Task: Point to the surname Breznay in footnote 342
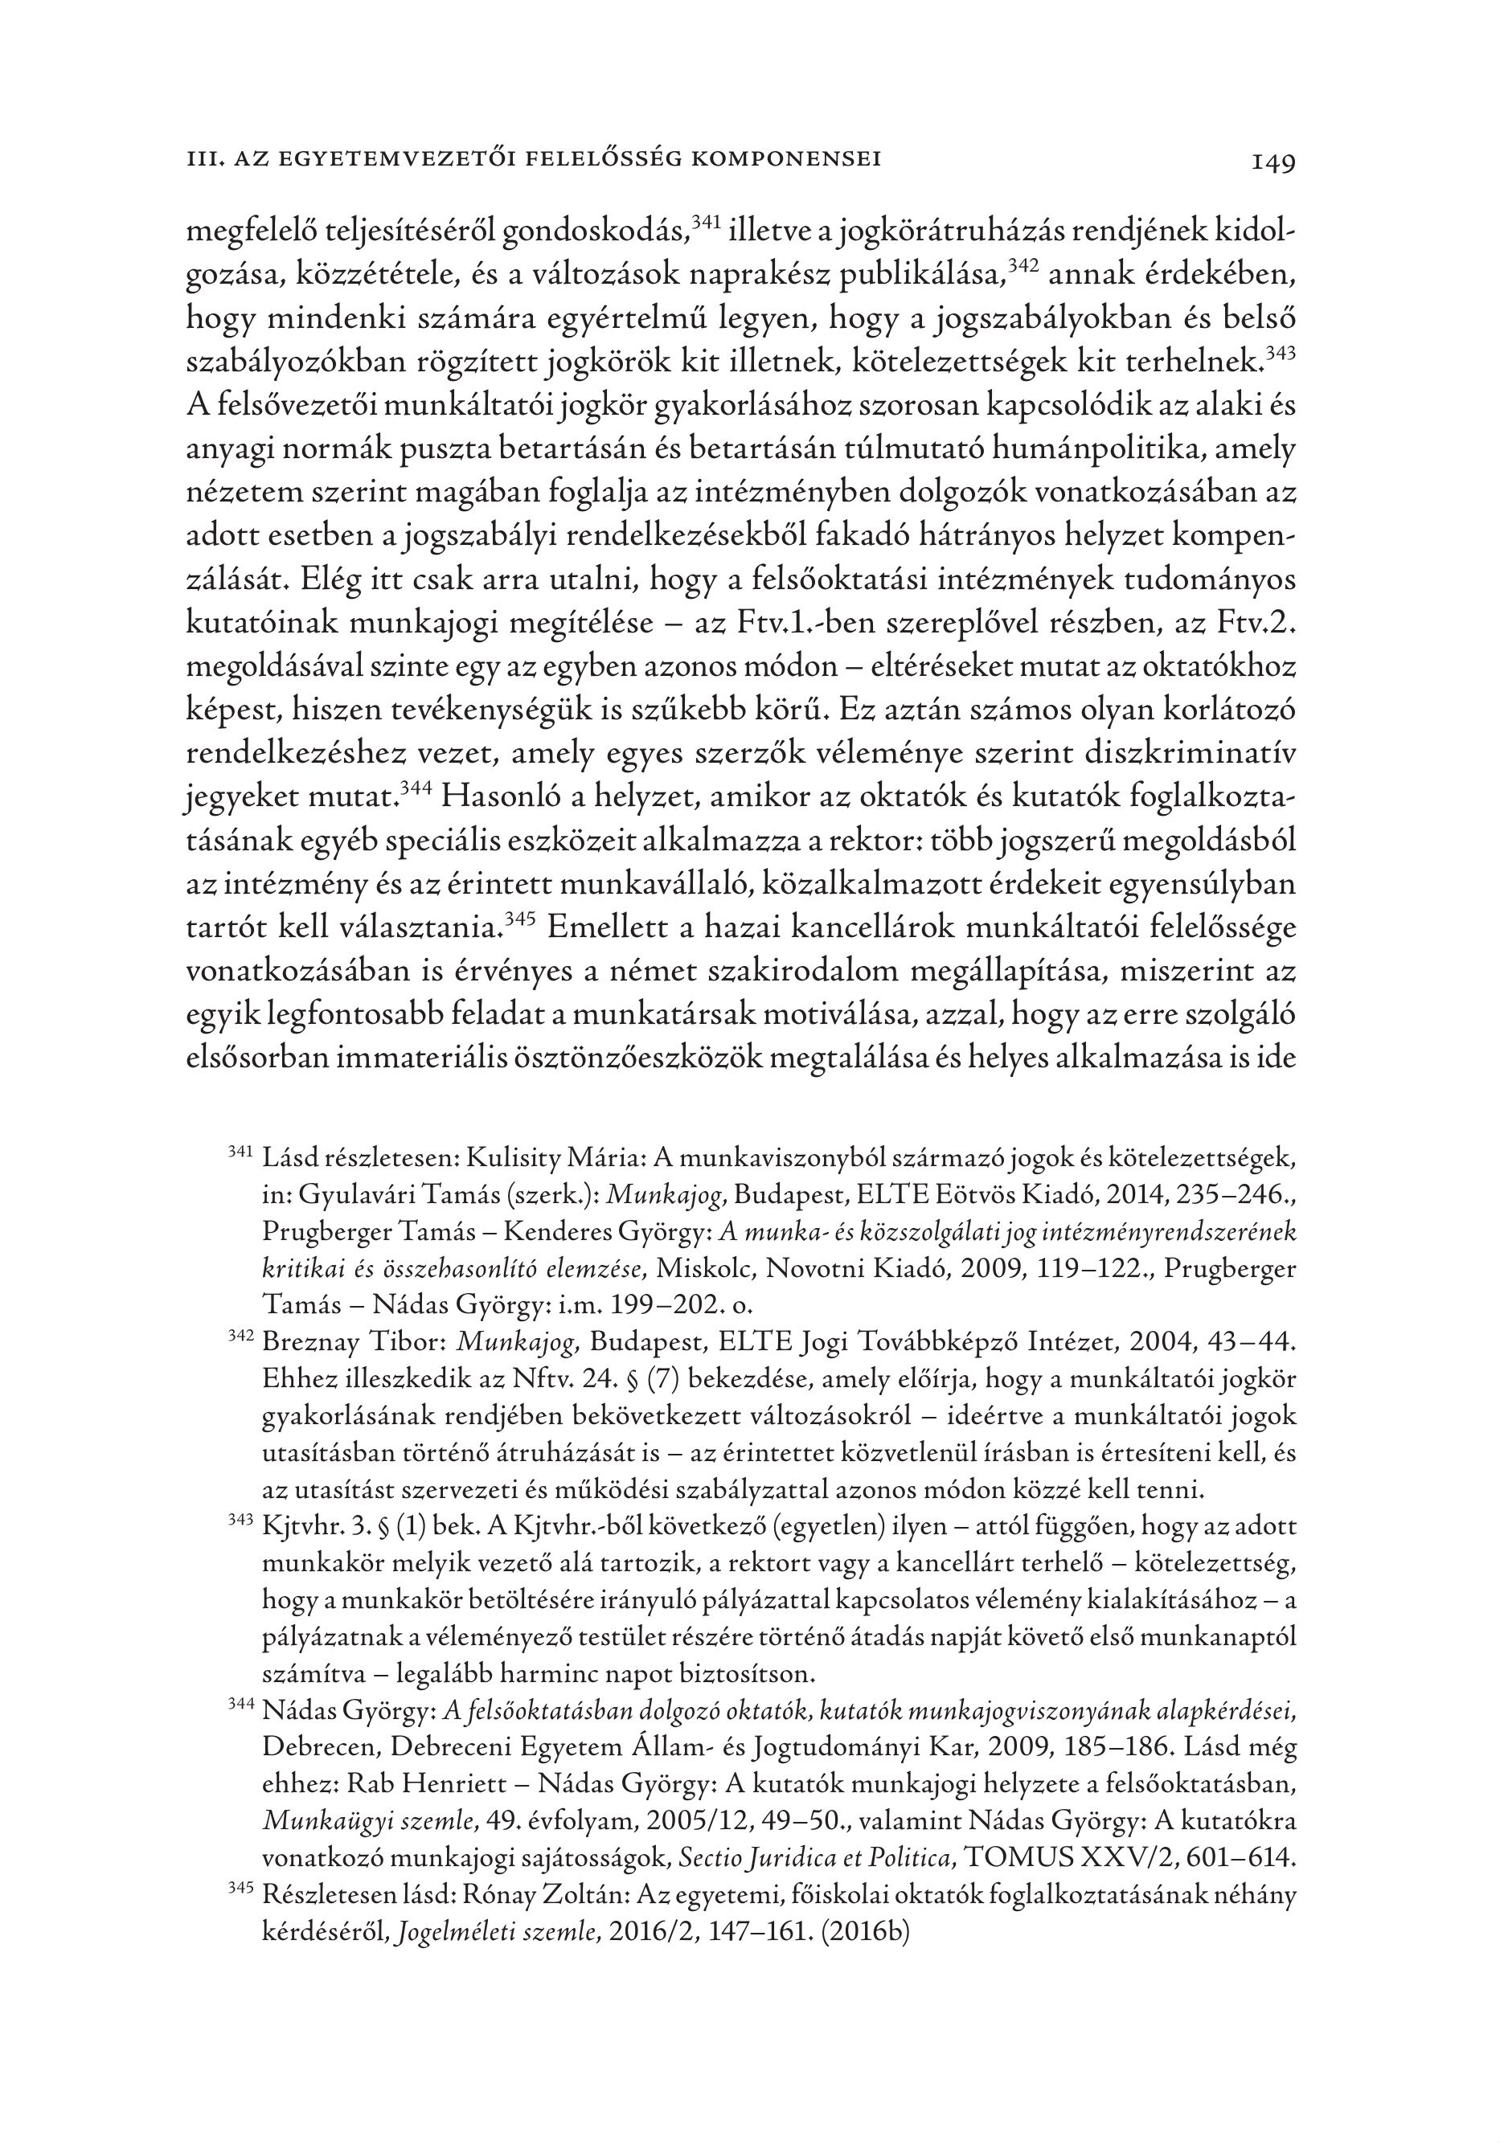pyautogui.click(x=313, y=1344)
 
